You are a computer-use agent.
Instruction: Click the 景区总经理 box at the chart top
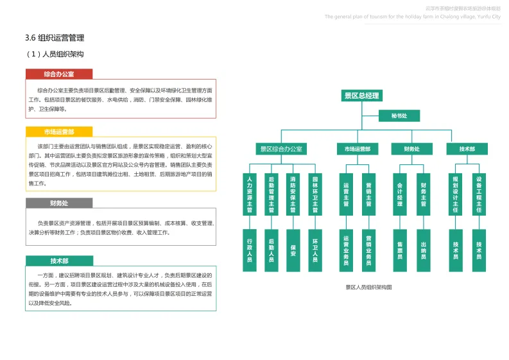(362, 96)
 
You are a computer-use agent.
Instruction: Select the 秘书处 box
(407, 116)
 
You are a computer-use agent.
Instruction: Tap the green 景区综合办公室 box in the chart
(281, 149)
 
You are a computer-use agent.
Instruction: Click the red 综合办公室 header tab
(59, 74)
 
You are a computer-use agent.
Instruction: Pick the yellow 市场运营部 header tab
(59, 132)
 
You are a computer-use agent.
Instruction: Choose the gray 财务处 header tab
(59, 203)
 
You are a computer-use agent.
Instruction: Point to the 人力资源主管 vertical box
(250, 194)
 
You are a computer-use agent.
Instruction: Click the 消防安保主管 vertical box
(293, 194)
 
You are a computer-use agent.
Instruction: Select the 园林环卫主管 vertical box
(315, 194)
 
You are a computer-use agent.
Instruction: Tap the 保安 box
(293, 250)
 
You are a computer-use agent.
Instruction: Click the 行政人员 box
(250, 250)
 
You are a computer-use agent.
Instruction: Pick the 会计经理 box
(399, 194)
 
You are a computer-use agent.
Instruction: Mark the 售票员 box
(399, 250)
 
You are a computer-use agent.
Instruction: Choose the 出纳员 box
(424, 250)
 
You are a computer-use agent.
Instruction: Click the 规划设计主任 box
(455, 194)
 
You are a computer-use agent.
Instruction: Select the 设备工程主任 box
(479, 194)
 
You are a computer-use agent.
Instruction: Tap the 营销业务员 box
(368, 250)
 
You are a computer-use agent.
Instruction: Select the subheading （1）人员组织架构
(56, 54)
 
